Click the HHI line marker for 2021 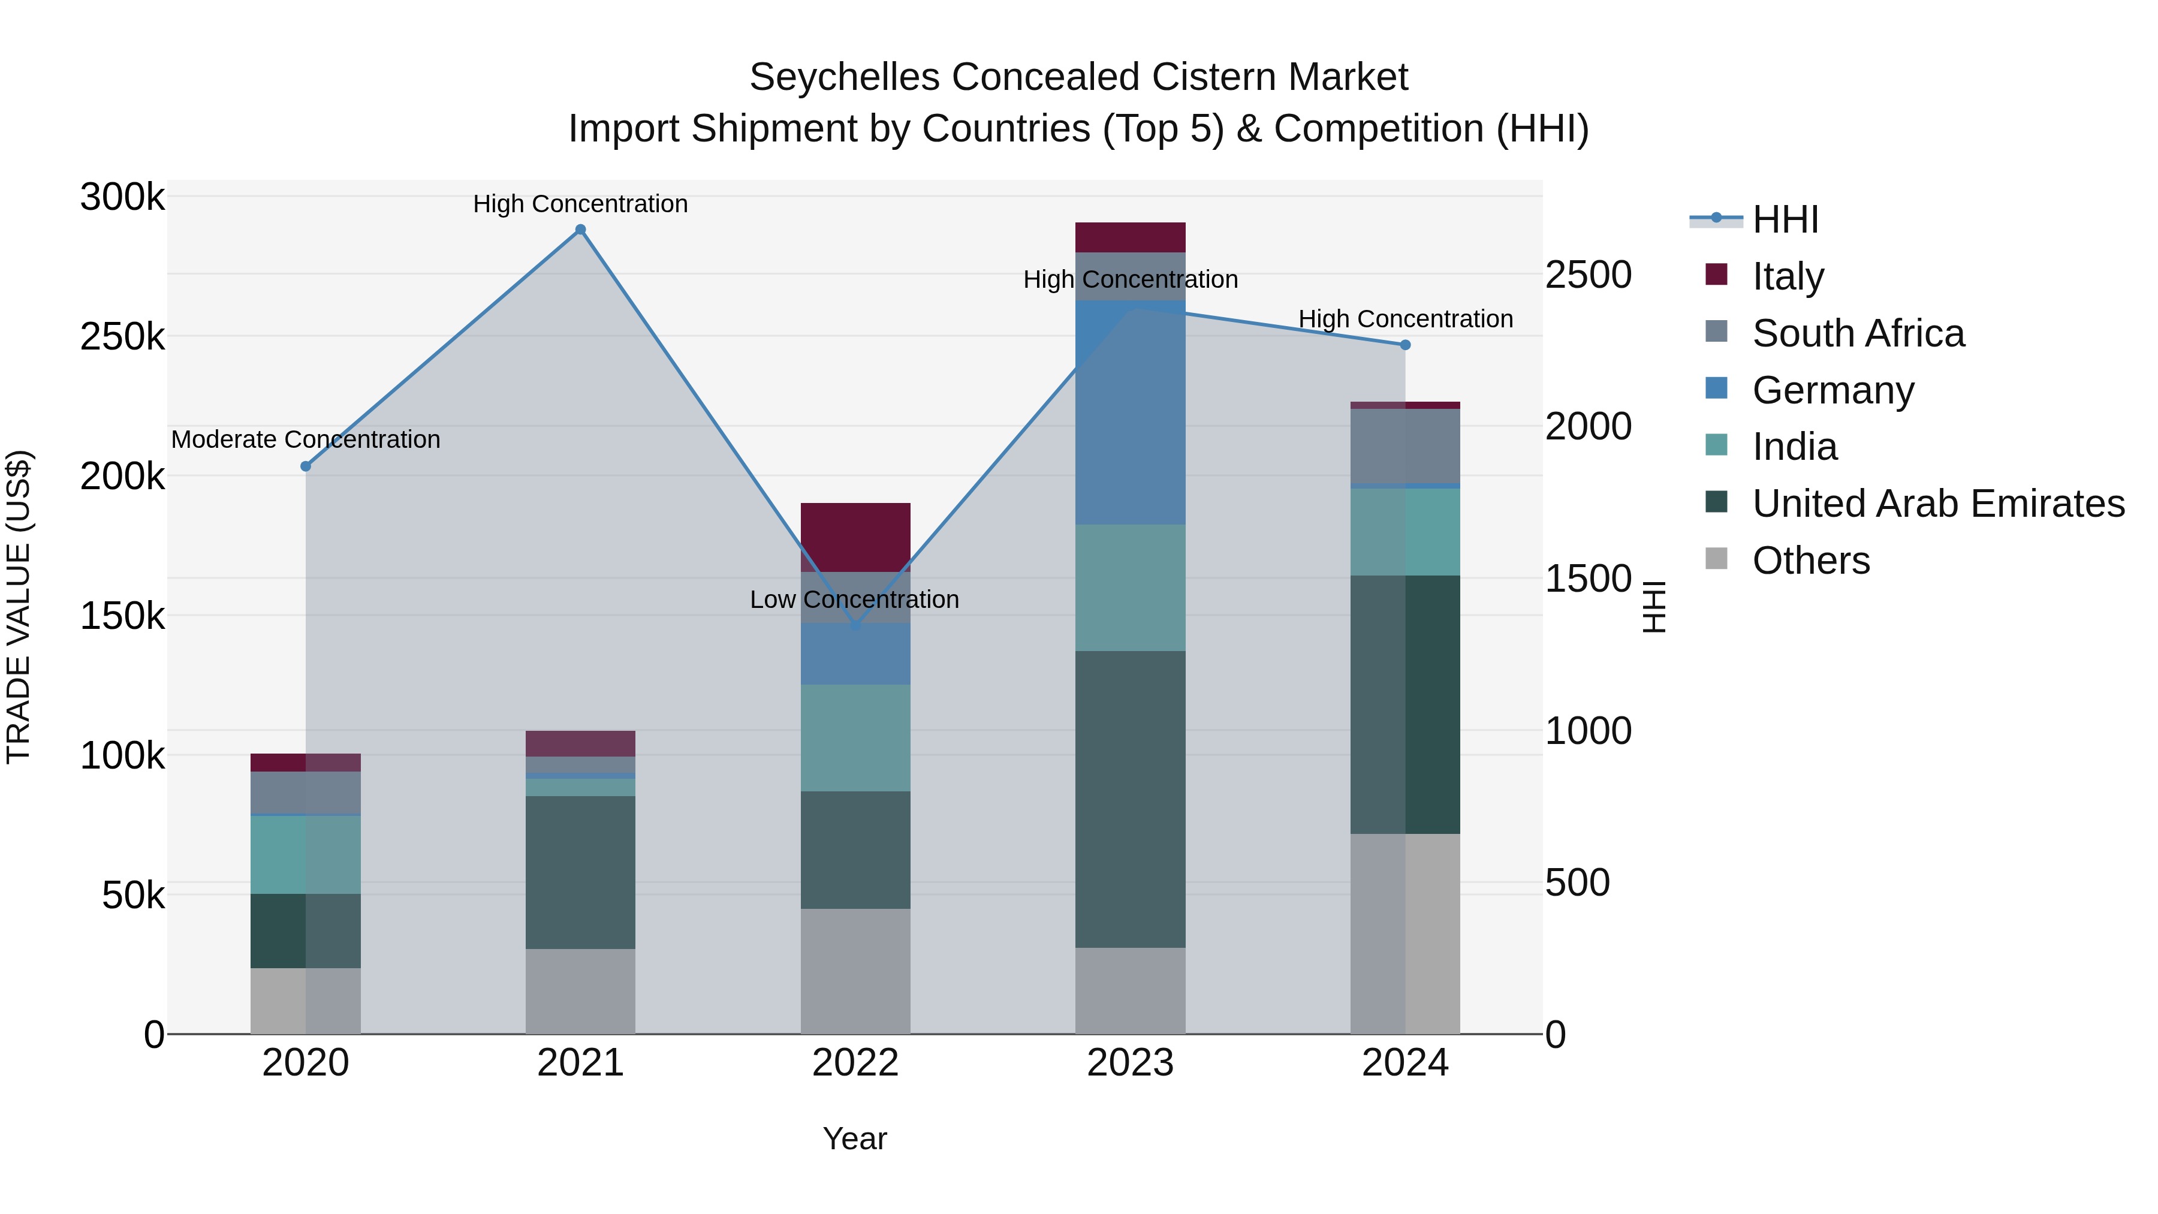click(580, 230)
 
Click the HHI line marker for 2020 click(306, 466)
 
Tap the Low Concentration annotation click(854, 600)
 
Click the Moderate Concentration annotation click(306, 440)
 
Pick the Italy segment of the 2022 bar click(855, 537)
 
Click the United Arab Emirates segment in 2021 click(580, 871)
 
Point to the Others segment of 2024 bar click(1405, 933)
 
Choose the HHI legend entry click(1785, 219)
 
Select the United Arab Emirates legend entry click(1937, 504)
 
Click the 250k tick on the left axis click(122, 338)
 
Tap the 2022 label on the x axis click(855, 1063)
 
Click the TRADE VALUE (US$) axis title click(19, 607)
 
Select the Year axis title click(854, 1138)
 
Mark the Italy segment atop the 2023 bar click(1130, 237)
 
